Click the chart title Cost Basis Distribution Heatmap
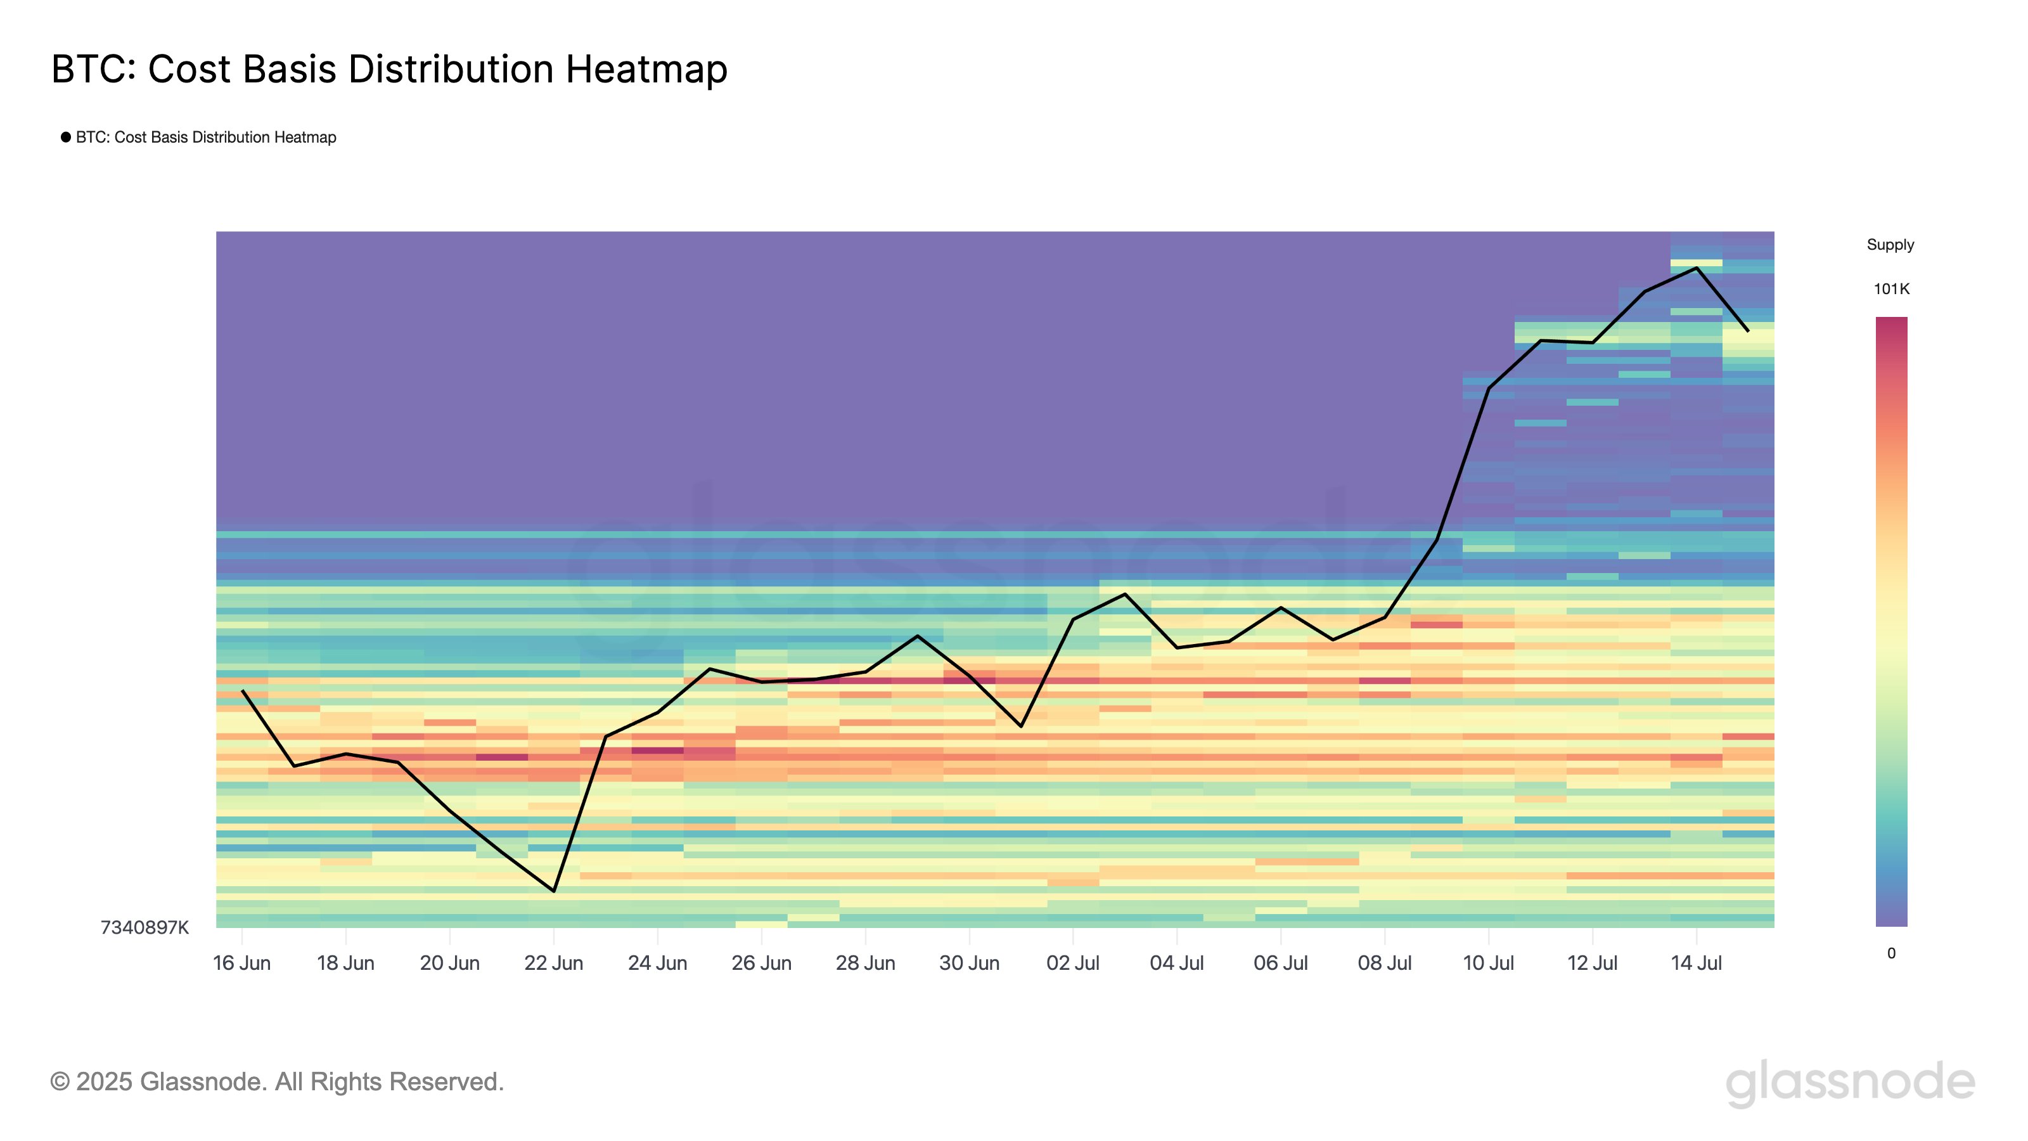pyautogui.click(x=389, y=69)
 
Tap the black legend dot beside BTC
pyautogui.click(x=66, y=137)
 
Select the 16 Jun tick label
pyautogui.click(x=241, y=963)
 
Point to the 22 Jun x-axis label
pyautogui.click(x=553, y=963)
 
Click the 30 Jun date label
pyautogui.click(x=969, y=963)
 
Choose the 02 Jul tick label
pyautogui.click(x=1072, y=963)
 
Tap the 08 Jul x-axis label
pyautogui.click(x=1384, y=963)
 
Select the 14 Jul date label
pyautogui.click(x=1696, y=963)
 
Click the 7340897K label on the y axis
pyautogui.click(x=145, y=927)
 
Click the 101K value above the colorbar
pyautogui.click(x=1891, y=289)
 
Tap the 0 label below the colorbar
pyautogui.click(x=1891, y=953)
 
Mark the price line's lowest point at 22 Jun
pyautogui.click(x=555, y=891)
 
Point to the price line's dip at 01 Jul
pyautogui.click(x=1021, y=726)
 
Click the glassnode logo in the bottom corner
pyautogui.click(x=1850, y=1083)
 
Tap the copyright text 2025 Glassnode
pyautogui.click(x=277, y=1082)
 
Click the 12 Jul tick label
pyautogui.click(x=1592, y=963)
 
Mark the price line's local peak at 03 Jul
pyautogui.click(x=1125, y=594)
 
